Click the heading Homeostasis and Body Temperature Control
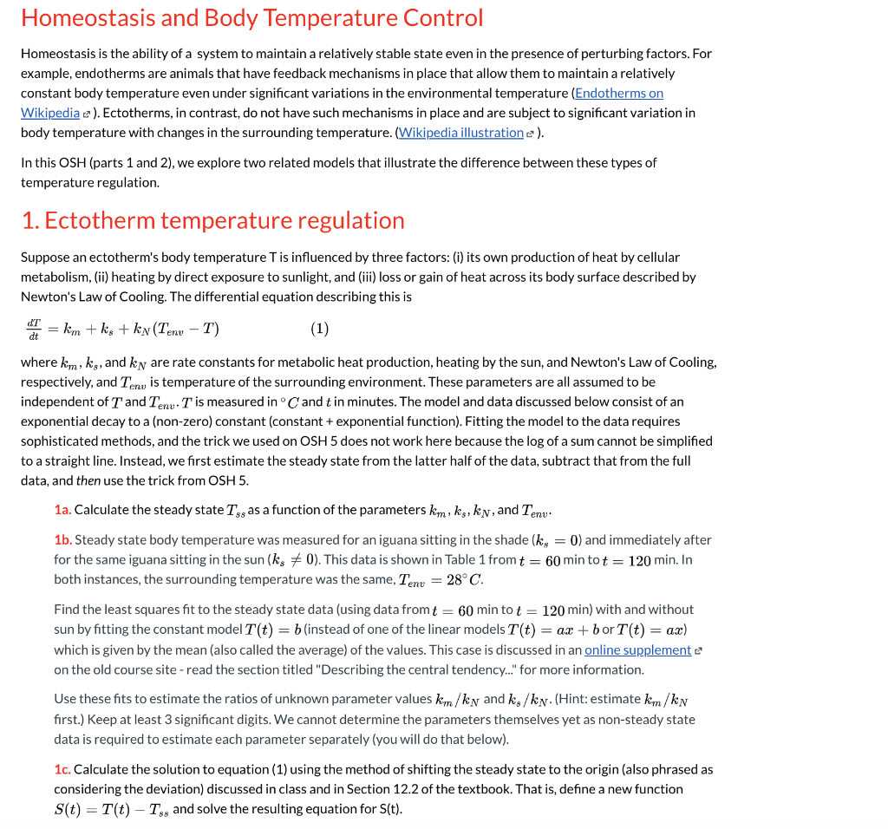[x=251, y=18]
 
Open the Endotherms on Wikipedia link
[x=618, y=94]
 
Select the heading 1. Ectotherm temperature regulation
[x=212, y=220]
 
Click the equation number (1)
[x=319, y=329]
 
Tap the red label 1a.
[x=62, y=510]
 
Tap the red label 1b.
[x=62, y=540]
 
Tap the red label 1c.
[x=62, y=770]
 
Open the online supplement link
[x=637, y=650]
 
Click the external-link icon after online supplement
[x=699, y=650]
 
